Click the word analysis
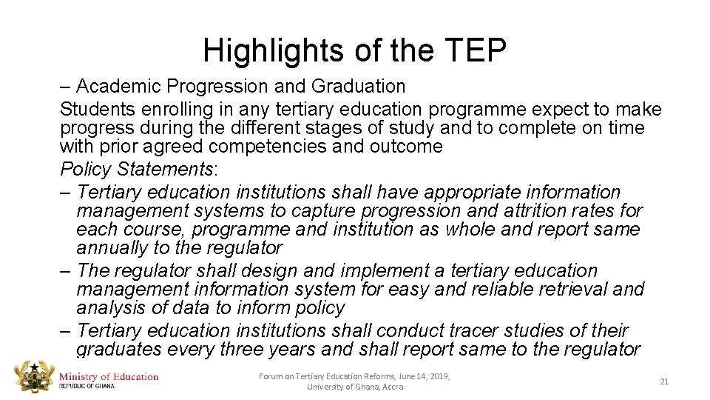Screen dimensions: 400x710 112,308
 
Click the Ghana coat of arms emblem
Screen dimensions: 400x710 33,379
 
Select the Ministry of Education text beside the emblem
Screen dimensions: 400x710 109,376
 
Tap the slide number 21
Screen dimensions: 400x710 663,381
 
